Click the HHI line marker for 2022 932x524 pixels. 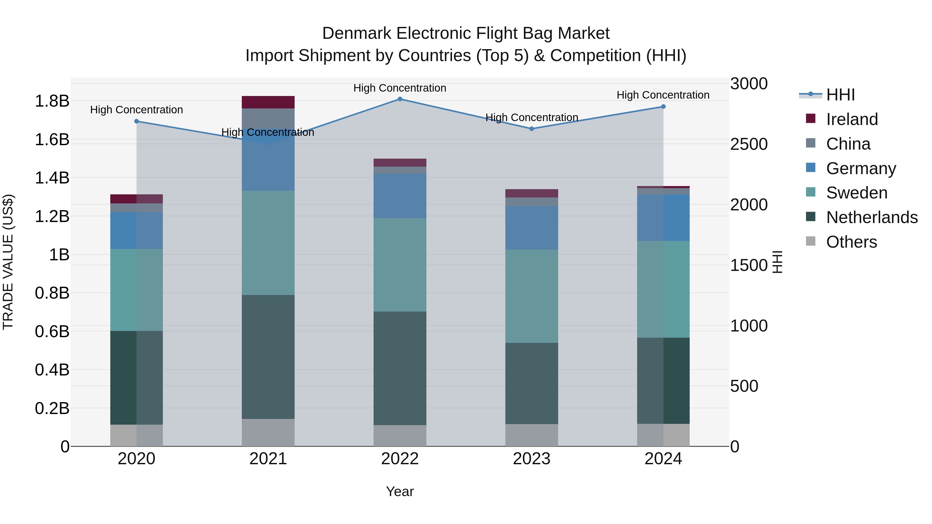[x=400, y=99]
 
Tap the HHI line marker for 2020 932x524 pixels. [x=136, y=121]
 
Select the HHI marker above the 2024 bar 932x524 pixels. [x=663, y=107]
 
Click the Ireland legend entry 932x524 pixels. [x=852, y=119]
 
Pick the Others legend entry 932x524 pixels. [x=851, y=242]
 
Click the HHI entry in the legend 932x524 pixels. [x=840, y=95]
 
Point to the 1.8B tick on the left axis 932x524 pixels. [x=52, y=101]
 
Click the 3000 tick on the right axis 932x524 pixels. [x=748, y=84]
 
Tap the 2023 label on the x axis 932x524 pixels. [x=531, y=459]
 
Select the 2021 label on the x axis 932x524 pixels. [x=268, y=459]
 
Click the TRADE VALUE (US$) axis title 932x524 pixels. [x=8, y=262]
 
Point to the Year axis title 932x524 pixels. [x=400, y=491]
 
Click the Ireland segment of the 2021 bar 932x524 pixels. [x=268, y=102]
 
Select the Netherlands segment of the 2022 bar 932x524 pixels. [x=400, y=368]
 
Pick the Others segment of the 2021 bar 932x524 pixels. [x=268, y=432]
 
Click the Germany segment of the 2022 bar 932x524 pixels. [x=400, y=196]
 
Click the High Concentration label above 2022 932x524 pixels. [x=400, y=88]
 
